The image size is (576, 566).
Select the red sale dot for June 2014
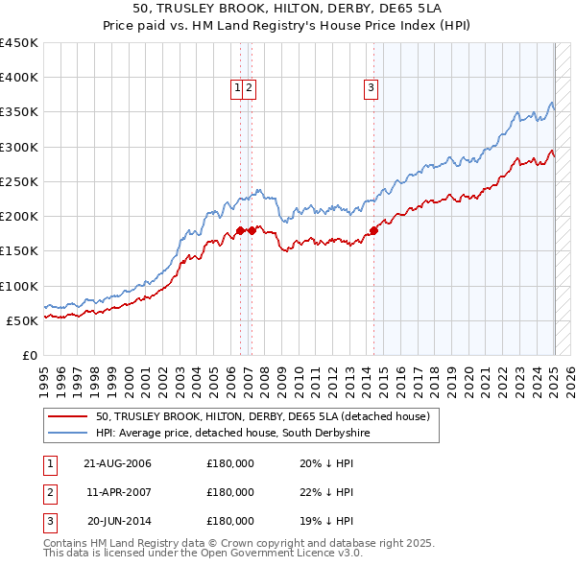[373, 230]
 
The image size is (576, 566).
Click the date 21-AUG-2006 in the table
[117, 463]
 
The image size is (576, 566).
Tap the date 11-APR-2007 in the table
[117, 492]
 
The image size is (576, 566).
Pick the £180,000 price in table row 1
[230, 463]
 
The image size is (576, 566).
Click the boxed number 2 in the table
[48, 492]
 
